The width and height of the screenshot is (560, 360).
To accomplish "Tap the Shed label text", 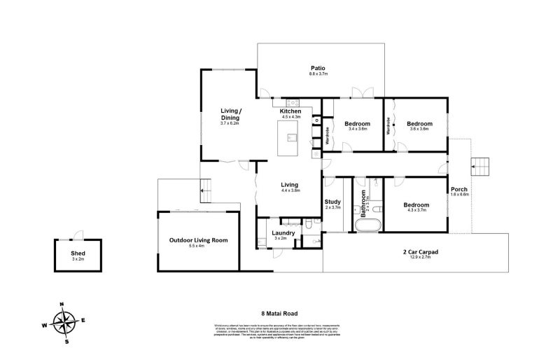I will pos(78,253).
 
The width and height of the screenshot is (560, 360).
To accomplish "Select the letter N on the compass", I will pos(62,305).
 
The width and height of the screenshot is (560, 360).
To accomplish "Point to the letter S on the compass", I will pos(67,342).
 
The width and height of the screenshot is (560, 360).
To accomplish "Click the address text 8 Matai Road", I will pos(279,314).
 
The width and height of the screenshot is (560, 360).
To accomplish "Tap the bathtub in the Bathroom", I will pos(367,226).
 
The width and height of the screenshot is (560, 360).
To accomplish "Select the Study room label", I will pos(332,202).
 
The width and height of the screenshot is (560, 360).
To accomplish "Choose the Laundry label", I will pos(281,233).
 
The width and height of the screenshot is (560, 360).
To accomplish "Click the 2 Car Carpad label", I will pos(416,251).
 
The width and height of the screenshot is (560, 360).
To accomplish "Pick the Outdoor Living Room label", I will pos(199,240).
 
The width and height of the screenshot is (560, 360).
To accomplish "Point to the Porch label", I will pos(459,189).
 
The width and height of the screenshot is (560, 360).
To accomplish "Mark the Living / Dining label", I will pos(230,114).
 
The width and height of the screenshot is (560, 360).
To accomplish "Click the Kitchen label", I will pos(290,111).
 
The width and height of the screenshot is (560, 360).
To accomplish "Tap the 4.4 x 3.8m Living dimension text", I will pos(290,191).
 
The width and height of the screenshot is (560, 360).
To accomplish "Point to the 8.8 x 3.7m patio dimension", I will pos(319,74).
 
